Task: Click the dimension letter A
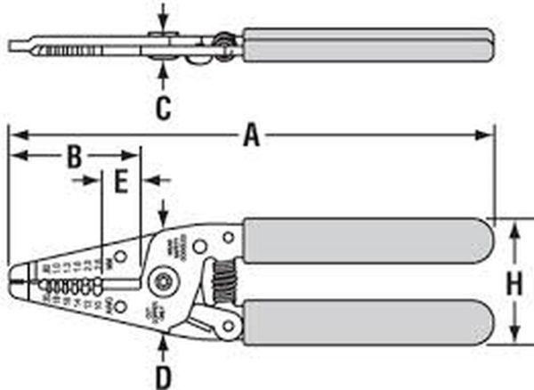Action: point(252,135)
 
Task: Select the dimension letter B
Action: point(76,157)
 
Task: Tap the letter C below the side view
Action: point(163,109)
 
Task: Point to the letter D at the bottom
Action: point(163,377)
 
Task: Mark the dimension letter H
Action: point(514,285)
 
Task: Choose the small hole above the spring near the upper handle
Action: point(228,236)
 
